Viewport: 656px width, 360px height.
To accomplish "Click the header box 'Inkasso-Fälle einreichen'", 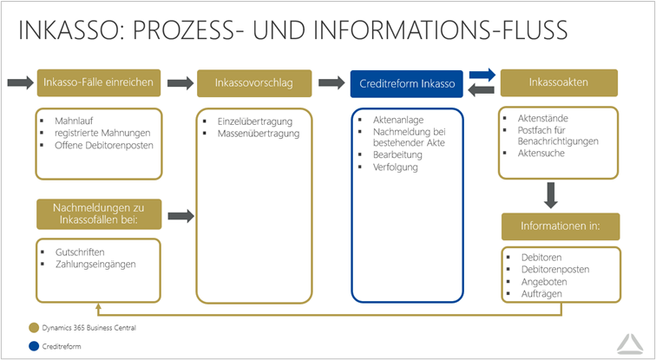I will pos(98,83).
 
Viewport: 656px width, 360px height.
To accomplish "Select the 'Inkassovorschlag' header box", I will pos(253,83).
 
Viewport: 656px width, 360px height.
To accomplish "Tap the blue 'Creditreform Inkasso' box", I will pos(407,83).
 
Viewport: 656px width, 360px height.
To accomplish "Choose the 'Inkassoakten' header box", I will pos(558,82).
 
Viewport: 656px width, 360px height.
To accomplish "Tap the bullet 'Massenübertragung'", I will pos(258,134).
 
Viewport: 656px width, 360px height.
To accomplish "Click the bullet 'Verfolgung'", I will pos(396,167).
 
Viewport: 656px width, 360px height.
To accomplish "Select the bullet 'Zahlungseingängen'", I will pos(95,263).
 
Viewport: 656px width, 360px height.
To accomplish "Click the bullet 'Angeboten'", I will pos(543,282).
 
